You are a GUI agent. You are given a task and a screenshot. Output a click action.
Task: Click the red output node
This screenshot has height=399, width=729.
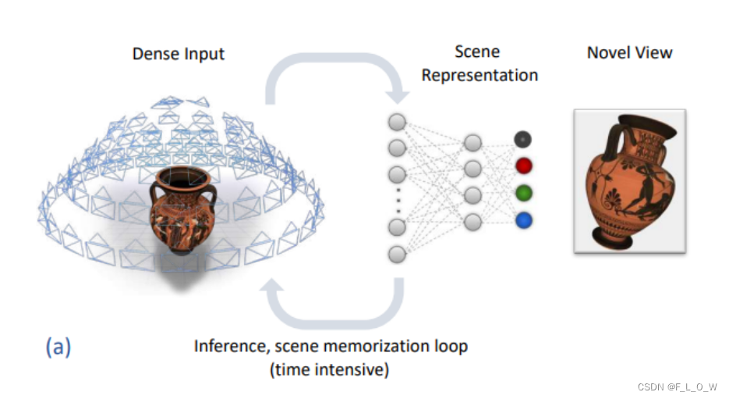tap(522, 166)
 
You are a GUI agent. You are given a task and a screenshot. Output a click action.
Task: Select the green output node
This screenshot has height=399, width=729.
tap(522, 193)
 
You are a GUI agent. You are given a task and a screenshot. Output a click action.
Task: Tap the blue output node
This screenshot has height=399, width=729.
tap(522, 220)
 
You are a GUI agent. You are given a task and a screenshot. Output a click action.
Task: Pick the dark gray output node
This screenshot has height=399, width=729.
tap(522, 139)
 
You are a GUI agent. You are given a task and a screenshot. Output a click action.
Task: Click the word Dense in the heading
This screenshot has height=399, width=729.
tap(153, 54)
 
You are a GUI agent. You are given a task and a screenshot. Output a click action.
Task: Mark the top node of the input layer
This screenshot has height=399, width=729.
tap(397, 122)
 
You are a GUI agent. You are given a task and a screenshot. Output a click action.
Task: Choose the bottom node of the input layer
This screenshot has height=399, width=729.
tap(398, 254)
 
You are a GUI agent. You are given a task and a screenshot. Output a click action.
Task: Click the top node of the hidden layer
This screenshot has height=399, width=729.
tap(472, 142)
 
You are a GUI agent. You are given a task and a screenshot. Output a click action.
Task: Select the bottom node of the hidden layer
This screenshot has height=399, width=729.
tap(472, 222)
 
